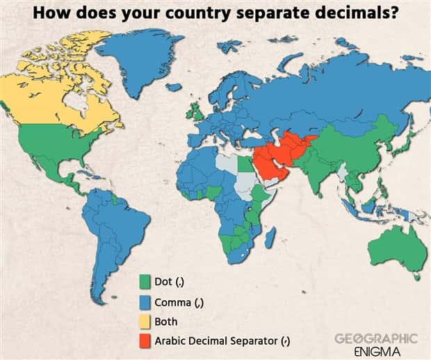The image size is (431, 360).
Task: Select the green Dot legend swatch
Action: [x=145, y=282]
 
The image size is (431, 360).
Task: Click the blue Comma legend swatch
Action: [x=145, y=302]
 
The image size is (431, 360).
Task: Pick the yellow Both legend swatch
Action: [x=145, y=322]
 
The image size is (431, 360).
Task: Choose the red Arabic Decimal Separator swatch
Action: [x=145, y=341]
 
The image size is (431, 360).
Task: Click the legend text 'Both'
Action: [x=166, y=322]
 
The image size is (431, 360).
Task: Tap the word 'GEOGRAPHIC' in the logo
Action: [x=376, y=338]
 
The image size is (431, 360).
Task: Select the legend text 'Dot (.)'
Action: [x=168, y=282]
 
